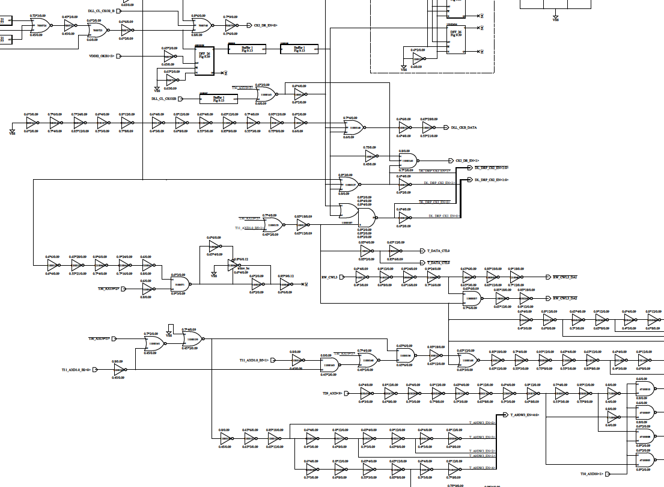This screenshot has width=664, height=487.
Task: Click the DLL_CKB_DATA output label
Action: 464,127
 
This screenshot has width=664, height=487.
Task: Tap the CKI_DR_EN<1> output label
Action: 468,161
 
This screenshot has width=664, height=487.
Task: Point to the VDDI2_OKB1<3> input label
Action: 102,56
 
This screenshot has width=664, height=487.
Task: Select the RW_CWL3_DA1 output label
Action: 565,277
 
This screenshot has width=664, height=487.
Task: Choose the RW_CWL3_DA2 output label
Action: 565,298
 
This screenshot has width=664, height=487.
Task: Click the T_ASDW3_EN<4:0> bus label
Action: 525,415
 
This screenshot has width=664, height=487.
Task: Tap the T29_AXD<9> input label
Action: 332,393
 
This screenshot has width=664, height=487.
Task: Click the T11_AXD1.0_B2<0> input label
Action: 76,370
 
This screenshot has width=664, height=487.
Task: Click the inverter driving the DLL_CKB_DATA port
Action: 428,127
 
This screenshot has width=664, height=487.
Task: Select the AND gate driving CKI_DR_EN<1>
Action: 409,161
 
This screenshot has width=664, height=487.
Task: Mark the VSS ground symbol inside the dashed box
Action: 404,69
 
